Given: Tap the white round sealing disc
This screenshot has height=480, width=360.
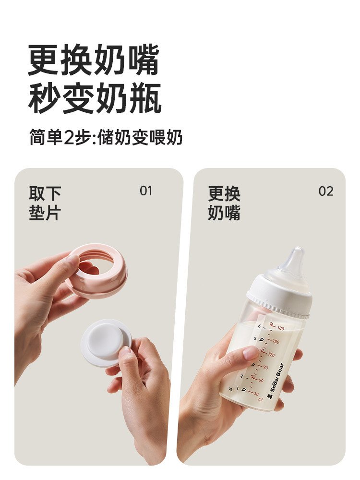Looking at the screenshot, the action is (104, 340).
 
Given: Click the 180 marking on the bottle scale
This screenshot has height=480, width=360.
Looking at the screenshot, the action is (280, 328).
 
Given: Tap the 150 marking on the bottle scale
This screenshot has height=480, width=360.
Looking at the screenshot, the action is (276, 341).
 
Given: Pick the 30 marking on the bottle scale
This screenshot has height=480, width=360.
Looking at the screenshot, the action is (256, 394).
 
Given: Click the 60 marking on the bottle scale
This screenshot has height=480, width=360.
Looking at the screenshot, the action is (261, 381).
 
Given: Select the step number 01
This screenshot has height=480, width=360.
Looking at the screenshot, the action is (146, 191).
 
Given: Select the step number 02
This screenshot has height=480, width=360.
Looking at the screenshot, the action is (326, 192).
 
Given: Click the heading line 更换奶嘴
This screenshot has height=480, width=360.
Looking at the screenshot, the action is (94, 60).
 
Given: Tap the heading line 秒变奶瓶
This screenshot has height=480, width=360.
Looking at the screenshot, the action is (95, 98).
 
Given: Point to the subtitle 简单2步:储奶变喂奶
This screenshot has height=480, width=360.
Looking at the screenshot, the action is (106, 137).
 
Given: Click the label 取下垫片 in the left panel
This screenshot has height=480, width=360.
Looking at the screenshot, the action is (45, 203).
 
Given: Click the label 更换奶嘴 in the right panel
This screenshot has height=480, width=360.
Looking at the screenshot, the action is (224, 203).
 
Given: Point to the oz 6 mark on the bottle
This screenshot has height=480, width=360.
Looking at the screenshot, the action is (259, 326).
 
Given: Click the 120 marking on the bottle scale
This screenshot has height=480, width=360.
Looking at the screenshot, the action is (271, 355).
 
